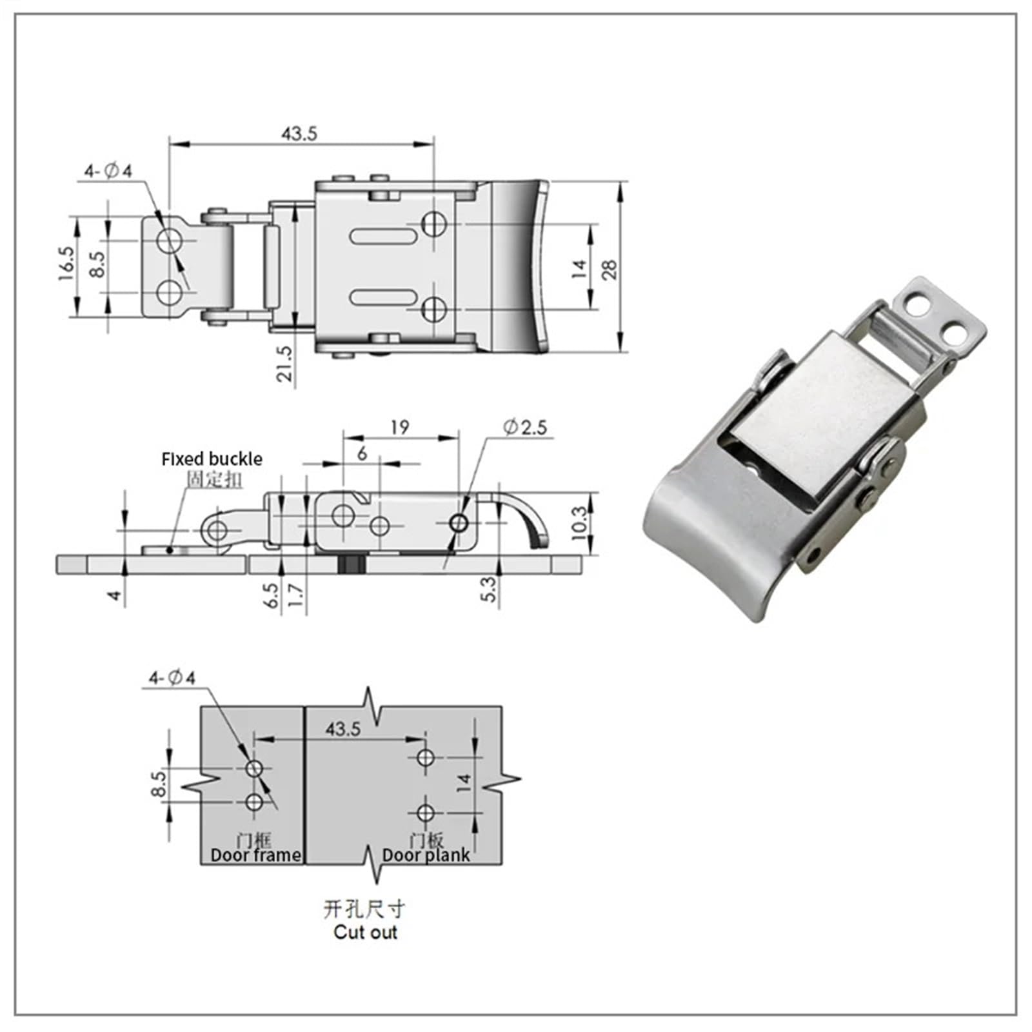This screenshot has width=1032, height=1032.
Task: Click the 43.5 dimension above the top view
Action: pos(299,134)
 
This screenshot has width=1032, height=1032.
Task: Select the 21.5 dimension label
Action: pos(284,364)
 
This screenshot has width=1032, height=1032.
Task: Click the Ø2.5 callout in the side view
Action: pos(525,427)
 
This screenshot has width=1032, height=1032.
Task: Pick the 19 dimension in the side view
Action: pos(399,427)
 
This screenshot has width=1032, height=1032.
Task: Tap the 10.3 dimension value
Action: pos(580,522)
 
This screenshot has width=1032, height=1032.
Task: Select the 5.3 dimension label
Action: pos(490,590)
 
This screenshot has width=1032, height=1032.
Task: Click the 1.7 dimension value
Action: pos(295,595)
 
